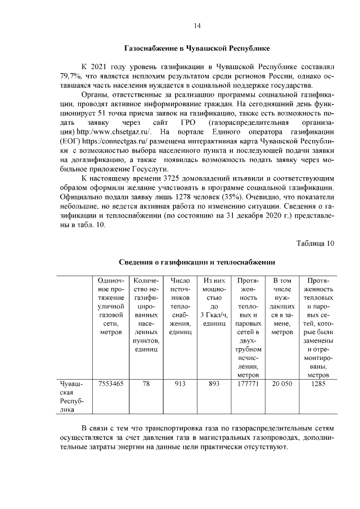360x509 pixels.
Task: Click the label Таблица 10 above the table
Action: point(315,243)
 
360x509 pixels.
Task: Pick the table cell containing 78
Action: point(146,384)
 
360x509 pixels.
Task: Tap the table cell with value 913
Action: point(180,384)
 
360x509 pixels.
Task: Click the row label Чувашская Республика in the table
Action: point(71,397)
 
